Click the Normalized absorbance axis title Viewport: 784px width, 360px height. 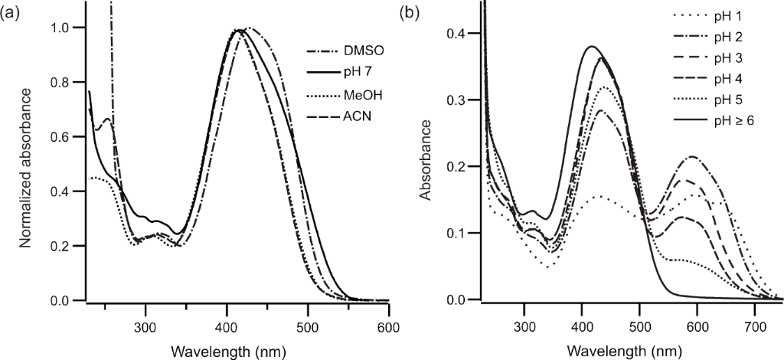coord(26,167)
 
